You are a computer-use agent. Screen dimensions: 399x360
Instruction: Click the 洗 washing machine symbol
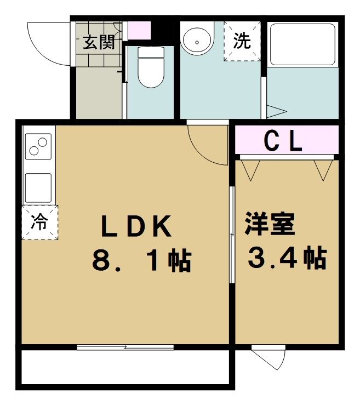point(242,41)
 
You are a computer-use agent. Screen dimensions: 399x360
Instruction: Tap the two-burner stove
point(37,147)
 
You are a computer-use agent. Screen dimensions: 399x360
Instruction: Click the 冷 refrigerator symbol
point(39,222)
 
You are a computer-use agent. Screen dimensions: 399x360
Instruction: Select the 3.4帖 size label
point(287,258)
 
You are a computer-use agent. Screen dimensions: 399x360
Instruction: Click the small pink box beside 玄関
point(138,30)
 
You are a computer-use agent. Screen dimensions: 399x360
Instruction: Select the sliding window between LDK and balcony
point(125,347)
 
